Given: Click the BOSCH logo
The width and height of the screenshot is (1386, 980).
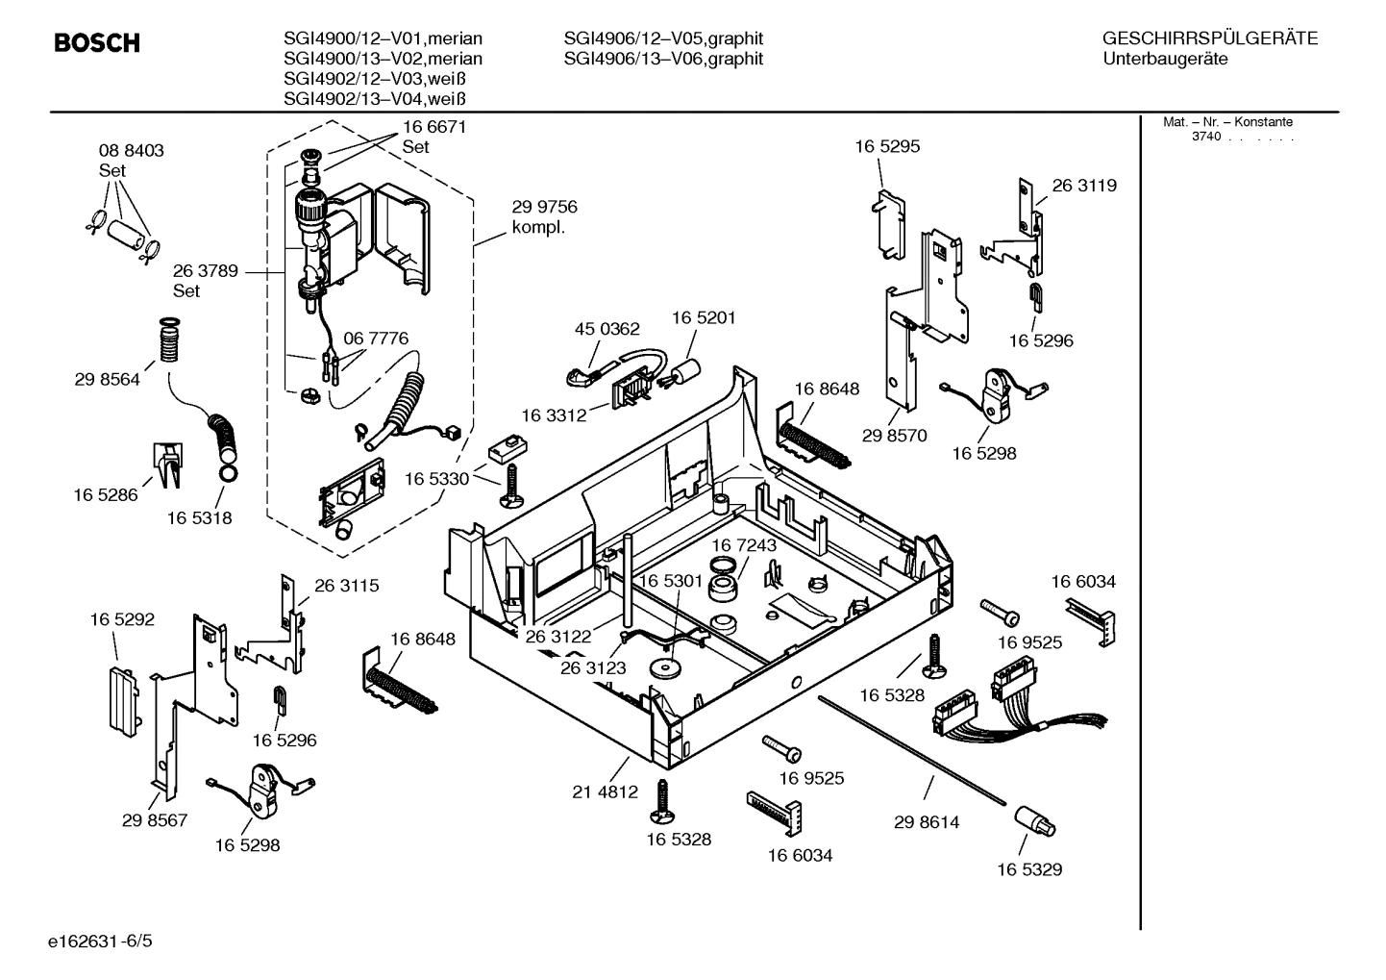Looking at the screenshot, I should click(96, 43).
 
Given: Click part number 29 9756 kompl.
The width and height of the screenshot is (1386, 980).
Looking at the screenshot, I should click(544, 217).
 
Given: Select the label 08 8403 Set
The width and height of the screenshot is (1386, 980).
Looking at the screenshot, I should click(131, 160).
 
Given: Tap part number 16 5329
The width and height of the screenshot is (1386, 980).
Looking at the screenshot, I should click(1028, 869).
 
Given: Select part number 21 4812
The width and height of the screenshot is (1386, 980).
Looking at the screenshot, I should click(605, 792).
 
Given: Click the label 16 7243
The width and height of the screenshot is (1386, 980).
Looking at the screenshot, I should click(744, 545).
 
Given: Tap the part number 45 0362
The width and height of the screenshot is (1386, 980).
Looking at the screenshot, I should click(606, 329).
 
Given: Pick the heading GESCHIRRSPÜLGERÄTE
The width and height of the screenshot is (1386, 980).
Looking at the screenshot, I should click(1209, 38).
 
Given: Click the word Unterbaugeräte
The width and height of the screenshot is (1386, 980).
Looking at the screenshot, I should click(1165, 59).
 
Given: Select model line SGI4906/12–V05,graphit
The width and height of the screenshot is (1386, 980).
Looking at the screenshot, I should click(663, 38).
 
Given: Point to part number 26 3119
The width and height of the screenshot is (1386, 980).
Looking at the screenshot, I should click(1084, 186).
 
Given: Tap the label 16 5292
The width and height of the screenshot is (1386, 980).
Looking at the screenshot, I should click(122, 620).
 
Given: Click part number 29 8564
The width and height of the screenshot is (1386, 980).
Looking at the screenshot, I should click(107, 380).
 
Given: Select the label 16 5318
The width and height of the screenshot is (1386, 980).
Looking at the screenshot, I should click(199, 518).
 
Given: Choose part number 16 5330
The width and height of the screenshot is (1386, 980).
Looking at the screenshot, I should click(436, 479).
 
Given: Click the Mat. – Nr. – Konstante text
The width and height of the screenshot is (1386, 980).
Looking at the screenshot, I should click(1227, 122).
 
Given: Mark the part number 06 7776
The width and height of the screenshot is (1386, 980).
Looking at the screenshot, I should click(376, 339).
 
